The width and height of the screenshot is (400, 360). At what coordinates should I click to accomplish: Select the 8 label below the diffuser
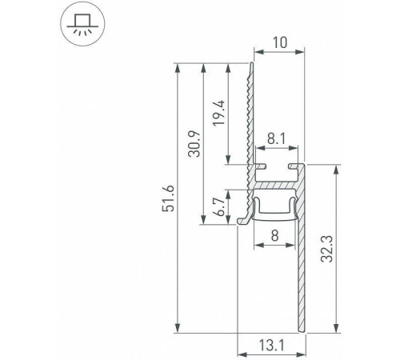click(275, 236)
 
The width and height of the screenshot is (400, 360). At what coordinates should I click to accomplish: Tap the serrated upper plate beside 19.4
click(250, 112)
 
